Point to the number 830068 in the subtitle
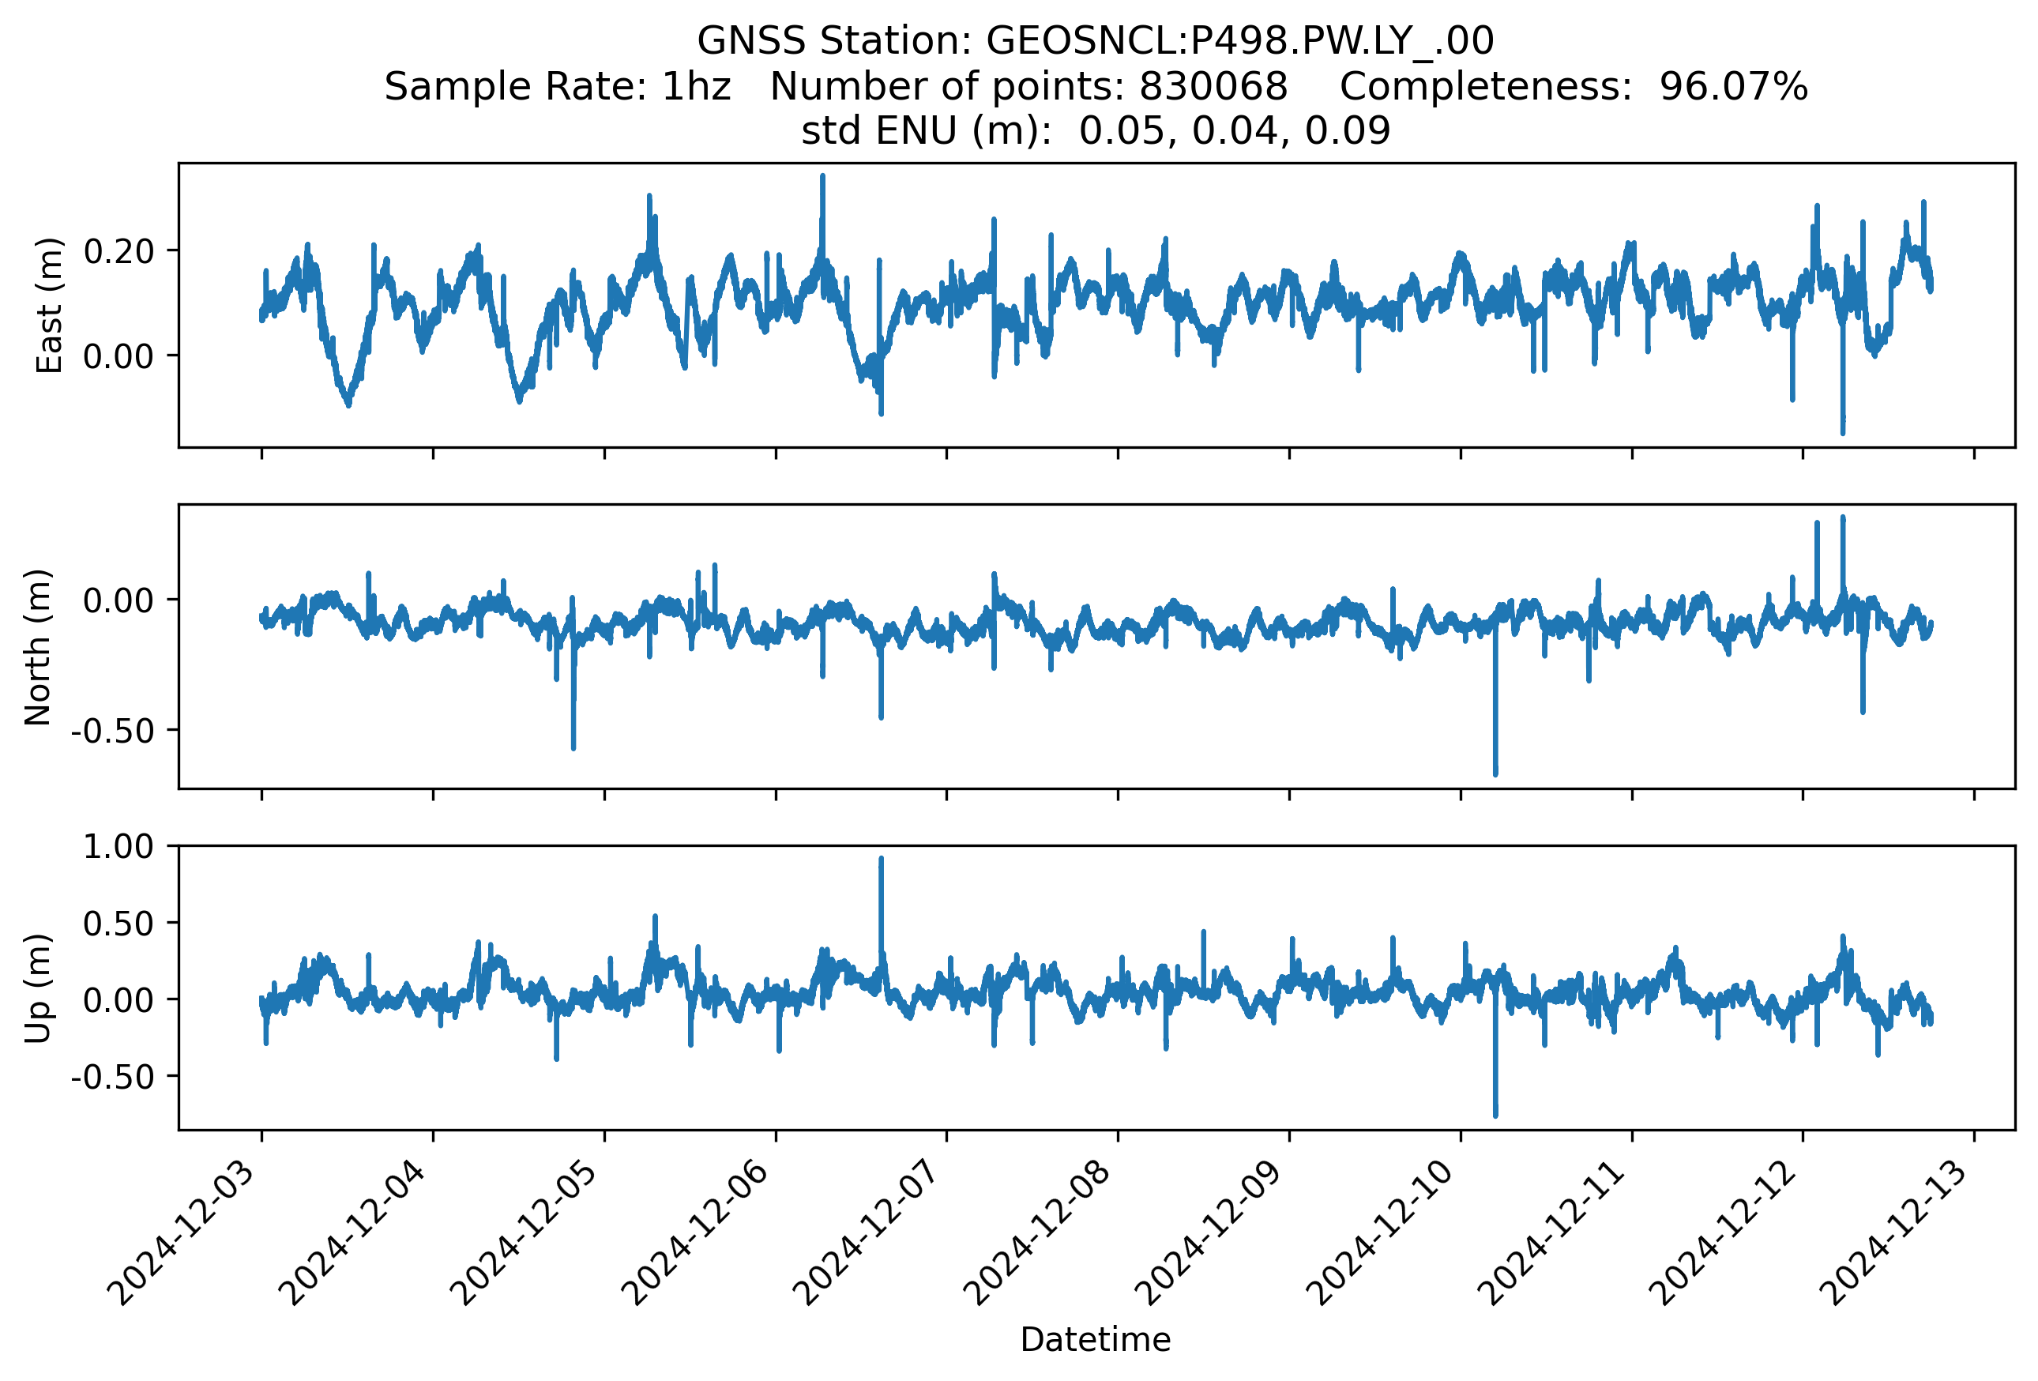1213,87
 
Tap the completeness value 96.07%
1733,87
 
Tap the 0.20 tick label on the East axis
118,252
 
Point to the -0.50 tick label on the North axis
112,730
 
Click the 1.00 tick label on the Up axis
118,847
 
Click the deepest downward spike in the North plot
1496,772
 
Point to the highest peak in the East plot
822,178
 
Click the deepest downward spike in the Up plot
1496,1113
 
